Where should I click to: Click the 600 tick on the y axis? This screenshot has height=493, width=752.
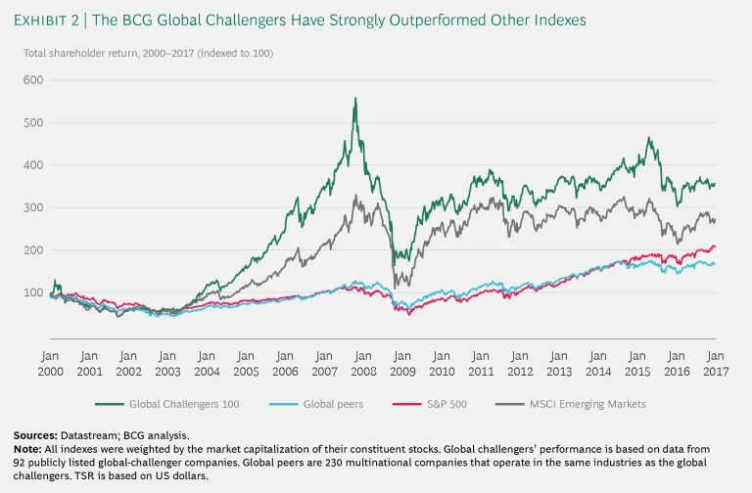[x=33, y=79]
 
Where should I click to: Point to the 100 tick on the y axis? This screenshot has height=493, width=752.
[x=33, y=292]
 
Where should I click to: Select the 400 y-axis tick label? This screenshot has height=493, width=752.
[x=33, y=164]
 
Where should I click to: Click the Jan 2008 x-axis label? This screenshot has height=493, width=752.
[x=362, y=364]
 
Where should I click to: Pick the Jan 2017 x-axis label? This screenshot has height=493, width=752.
[x=715, y=364]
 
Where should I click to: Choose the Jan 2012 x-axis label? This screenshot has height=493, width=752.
[x=519, y=364]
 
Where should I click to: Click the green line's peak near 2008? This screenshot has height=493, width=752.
[x=354, y=98]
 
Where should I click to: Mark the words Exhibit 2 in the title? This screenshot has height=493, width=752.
[x=55, y=20]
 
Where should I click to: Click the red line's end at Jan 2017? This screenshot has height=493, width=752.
[x=714, y=247]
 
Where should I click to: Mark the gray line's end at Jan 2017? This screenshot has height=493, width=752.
[x=714, y=221]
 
